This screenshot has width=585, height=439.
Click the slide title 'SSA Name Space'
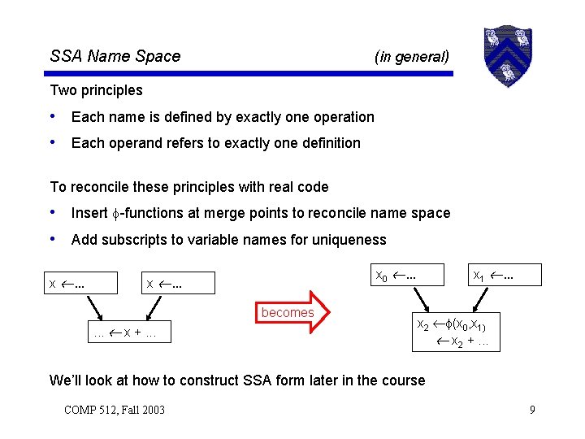(x=115, y=56)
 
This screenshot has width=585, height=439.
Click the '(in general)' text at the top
(x=411, y=56)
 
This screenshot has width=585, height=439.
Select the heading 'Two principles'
(x=96, y=90)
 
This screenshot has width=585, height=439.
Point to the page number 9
(x=532, y=409)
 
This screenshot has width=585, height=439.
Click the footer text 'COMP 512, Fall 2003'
(x=115, y=409)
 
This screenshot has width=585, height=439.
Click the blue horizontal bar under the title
(x=251, y=74)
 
